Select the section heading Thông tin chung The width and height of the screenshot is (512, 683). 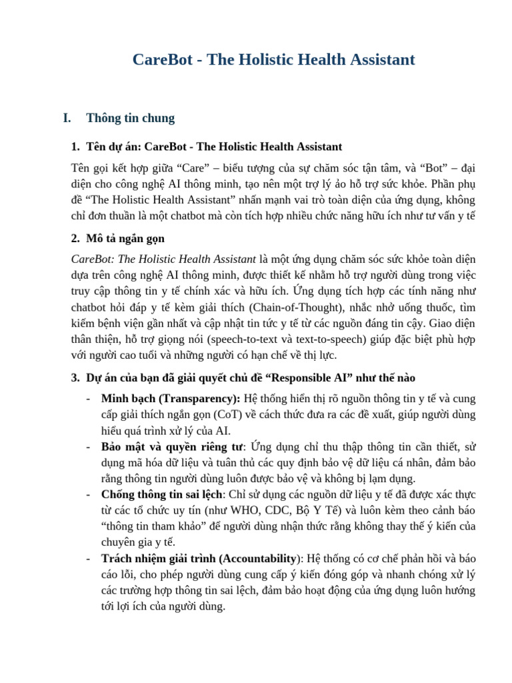[131, 118]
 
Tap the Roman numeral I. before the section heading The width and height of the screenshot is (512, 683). [67, 118]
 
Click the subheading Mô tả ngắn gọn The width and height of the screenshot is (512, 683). [125, 238]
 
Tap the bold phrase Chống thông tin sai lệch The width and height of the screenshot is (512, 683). [161, 494]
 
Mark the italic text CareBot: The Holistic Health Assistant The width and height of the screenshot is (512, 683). [163, 259]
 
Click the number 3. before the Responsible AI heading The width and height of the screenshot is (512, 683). [75, 378]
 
